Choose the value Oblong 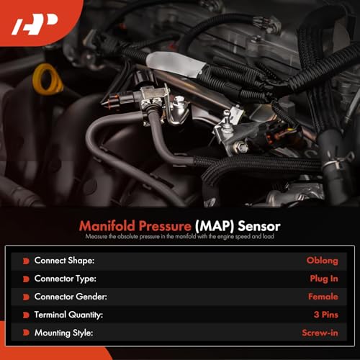click(322, 260)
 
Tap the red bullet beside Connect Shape click(27, 260)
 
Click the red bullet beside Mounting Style click(27, 333)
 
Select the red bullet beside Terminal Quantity click(27, 314)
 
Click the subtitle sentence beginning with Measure click(180, 236)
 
